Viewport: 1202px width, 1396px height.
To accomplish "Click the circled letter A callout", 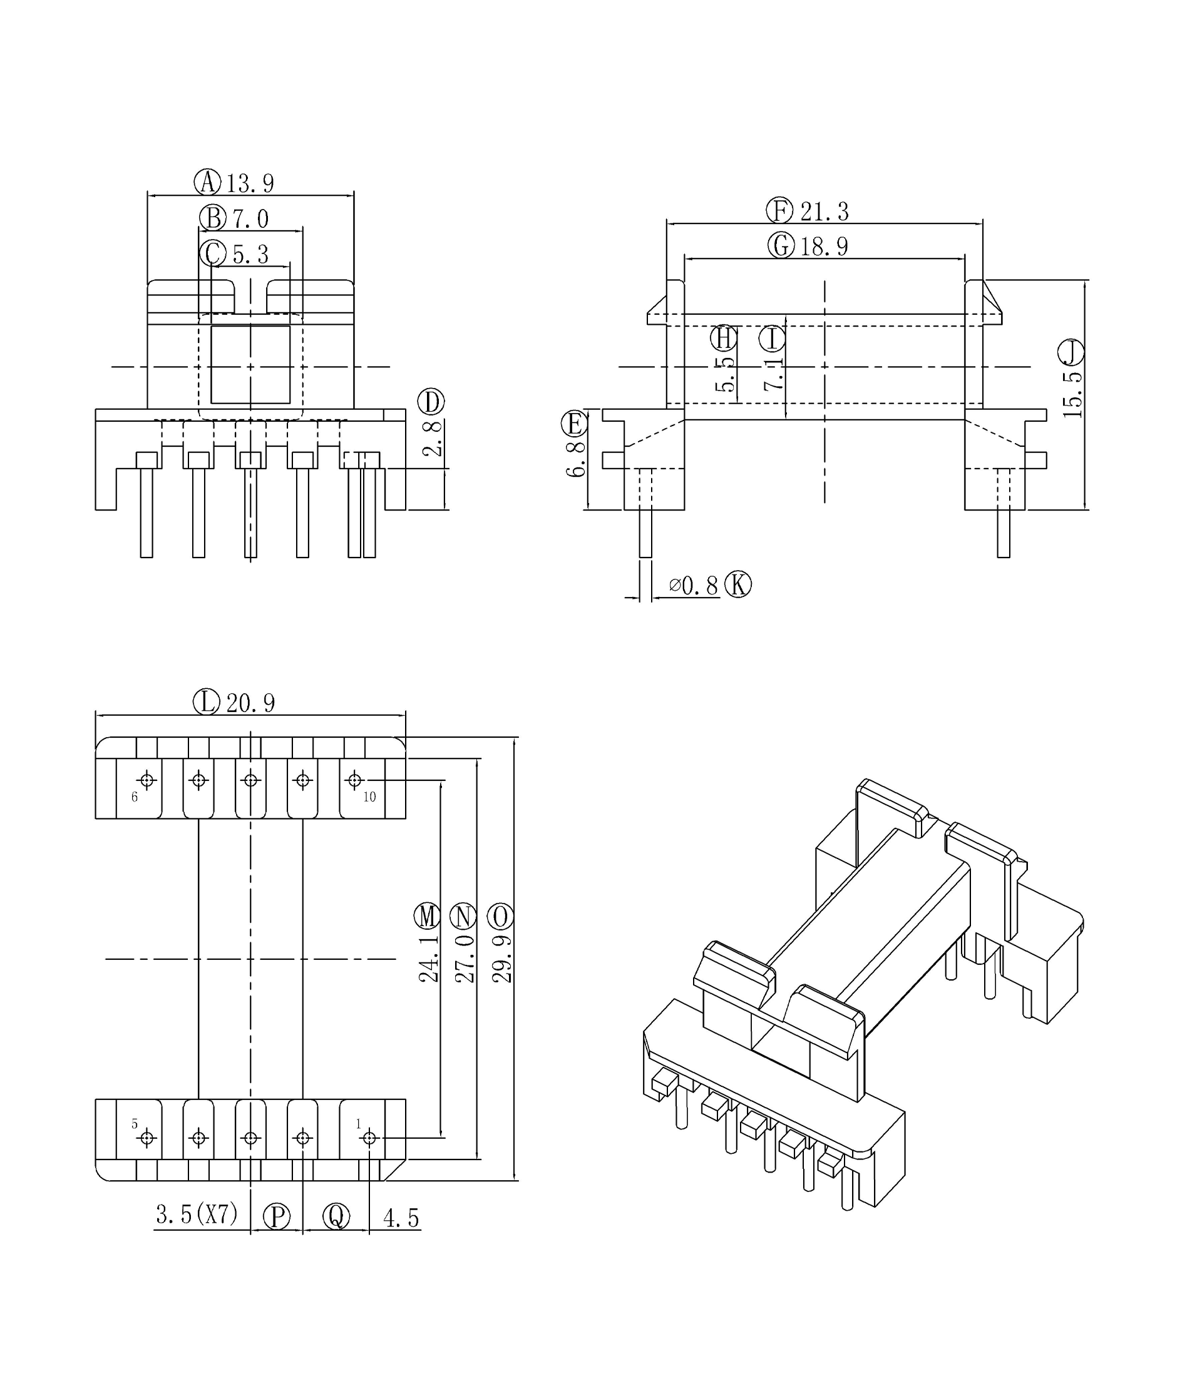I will pos(208,182).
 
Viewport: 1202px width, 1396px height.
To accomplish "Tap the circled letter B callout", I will pos(212,218).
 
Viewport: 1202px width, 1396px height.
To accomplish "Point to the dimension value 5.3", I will pos(250,255).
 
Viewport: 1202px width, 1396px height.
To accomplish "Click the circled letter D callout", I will pos(431,402).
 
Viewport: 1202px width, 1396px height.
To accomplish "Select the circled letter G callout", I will pos(781,245).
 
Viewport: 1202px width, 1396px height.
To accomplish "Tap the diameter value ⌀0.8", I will pos(693,586).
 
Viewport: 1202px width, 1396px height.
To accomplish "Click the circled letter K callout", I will pos(737,585).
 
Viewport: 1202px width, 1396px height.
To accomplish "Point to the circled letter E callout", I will pos(573,424).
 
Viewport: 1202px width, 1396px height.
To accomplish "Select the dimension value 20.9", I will pos(250,703).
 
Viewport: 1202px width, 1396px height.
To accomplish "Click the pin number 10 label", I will pos(369,797).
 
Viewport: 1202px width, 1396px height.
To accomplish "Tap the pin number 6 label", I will pos(134,797).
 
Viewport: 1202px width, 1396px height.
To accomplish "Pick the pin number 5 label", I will pos(134,1124).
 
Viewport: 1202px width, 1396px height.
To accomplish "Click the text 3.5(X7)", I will pos(197,1214).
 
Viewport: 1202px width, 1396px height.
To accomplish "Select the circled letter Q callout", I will pos(336,1217).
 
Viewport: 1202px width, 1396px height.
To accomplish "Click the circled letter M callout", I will pos(426,916).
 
